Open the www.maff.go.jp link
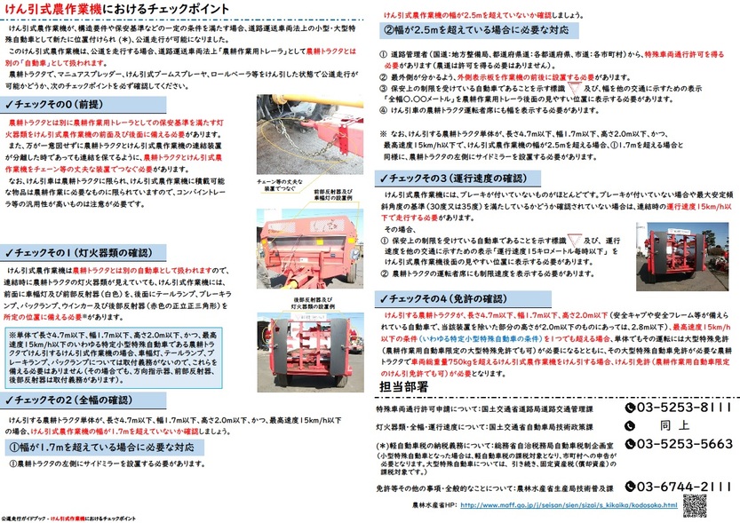(x=569, y=505)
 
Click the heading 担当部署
(x=403, y=388)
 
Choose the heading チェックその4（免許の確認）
(x=444, y=297)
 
